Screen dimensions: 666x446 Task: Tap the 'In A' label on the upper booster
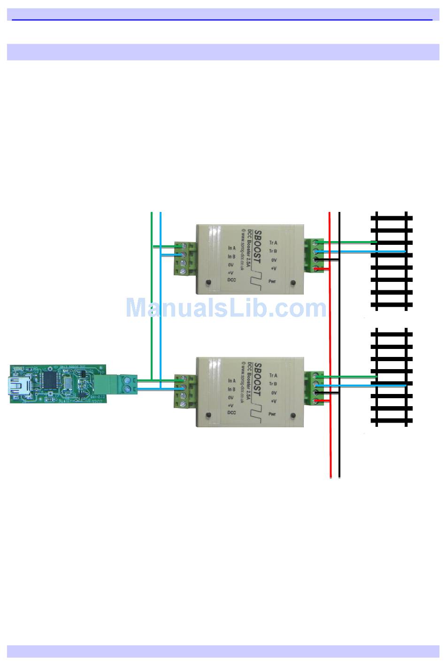231,248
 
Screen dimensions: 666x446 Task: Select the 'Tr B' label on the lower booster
273,384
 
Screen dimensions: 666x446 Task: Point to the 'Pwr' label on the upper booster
272,281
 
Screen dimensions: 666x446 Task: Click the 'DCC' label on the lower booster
231,413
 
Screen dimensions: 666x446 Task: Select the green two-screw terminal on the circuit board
128,383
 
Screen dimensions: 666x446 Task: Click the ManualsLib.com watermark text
226,308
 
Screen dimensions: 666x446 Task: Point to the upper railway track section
392,261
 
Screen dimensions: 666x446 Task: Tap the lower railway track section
392,377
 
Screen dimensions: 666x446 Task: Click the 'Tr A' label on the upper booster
273,243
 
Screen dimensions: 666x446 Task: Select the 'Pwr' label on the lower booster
272,414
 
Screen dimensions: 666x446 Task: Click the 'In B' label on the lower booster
231,389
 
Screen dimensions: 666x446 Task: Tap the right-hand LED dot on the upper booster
293,283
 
